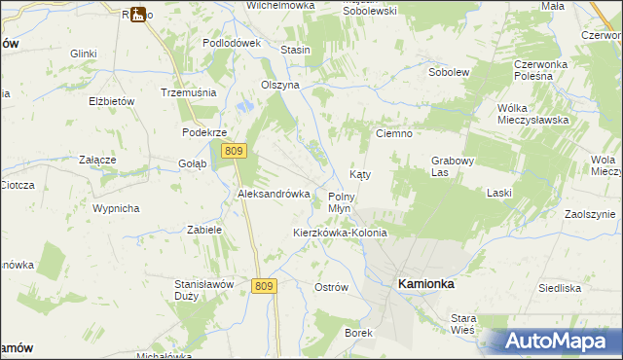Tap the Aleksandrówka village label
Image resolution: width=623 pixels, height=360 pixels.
[x=274, y=194]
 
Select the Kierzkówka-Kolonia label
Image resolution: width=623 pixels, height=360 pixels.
[x=340, y=234]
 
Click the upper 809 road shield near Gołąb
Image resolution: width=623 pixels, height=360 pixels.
[x=233, y=151]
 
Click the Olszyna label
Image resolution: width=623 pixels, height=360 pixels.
[x=279, y=85]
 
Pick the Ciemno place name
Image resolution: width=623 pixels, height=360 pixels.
[x=395, y=133]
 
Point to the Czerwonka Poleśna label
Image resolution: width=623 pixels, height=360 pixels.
[x=547, y=71]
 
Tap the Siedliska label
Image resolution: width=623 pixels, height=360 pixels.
[x=560, y=288]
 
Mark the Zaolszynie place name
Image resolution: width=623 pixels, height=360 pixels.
[x=591, y=214]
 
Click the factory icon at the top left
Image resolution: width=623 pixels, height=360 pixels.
[x=138, y=14]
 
